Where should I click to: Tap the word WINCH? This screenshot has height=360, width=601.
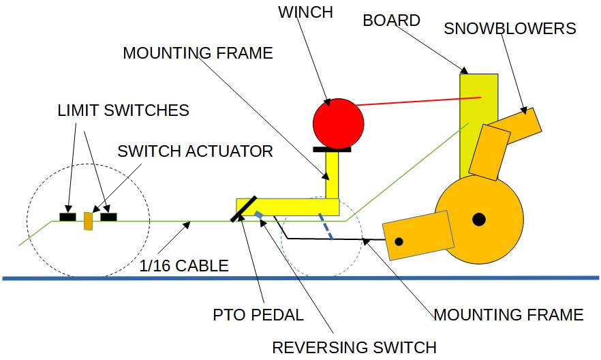tap(305, 12)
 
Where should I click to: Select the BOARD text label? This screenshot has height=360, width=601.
tap(391, 20)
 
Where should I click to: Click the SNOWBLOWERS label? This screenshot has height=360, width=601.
tap(510, 29)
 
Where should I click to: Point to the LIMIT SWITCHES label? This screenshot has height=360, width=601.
tap(123, 110)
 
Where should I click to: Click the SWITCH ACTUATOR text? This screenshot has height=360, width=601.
tap(195, 151)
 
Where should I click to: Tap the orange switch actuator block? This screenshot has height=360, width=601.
tap(88, 221)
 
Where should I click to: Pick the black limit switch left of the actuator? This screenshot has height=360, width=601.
tap(67, 217)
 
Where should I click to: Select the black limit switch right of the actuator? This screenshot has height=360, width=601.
tap(108, 217)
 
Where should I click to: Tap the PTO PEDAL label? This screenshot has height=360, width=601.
tap(258, 315)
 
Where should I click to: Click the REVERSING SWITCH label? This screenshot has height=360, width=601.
tap(354, 347)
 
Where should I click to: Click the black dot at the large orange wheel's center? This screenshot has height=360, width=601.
tap(479, 219)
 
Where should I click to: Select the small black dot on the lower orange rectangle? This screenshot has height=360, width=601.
tap(399, 241)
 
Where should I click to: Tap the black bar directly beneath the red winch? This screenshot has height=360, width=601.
tap(332, 148)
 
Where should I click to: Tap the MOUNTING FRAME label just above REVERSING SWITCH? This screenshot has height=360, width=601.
tap(508, 314)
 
